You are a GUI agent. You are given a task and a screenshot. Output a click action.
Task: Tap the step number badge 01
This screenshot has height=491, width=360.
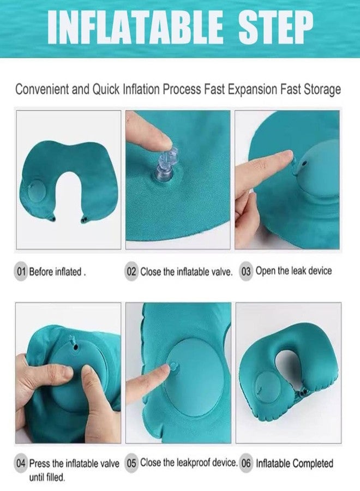(21, 271)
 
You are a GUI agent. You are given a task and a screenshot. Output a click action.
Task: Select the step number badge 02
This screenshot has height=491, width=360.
(131, 271)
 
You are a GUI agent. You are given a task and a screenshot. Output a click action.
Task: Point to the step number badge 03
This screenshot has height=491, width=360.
(246, 271)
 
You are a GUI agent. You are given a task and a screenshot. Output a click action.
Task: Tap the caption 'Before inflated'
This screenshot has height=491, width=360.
(56, 272)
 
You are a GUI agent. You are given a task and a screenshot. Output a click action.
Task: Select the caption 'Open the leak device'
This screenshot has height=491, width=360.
(293, 271)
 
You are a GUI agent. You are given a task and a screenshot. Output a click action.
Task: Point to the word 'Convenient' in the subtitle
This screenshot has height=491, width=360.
(42, 89)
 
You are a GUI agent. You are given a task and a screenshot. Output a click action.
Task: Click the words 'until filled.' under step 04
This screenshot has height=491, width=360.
(47, 477)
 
